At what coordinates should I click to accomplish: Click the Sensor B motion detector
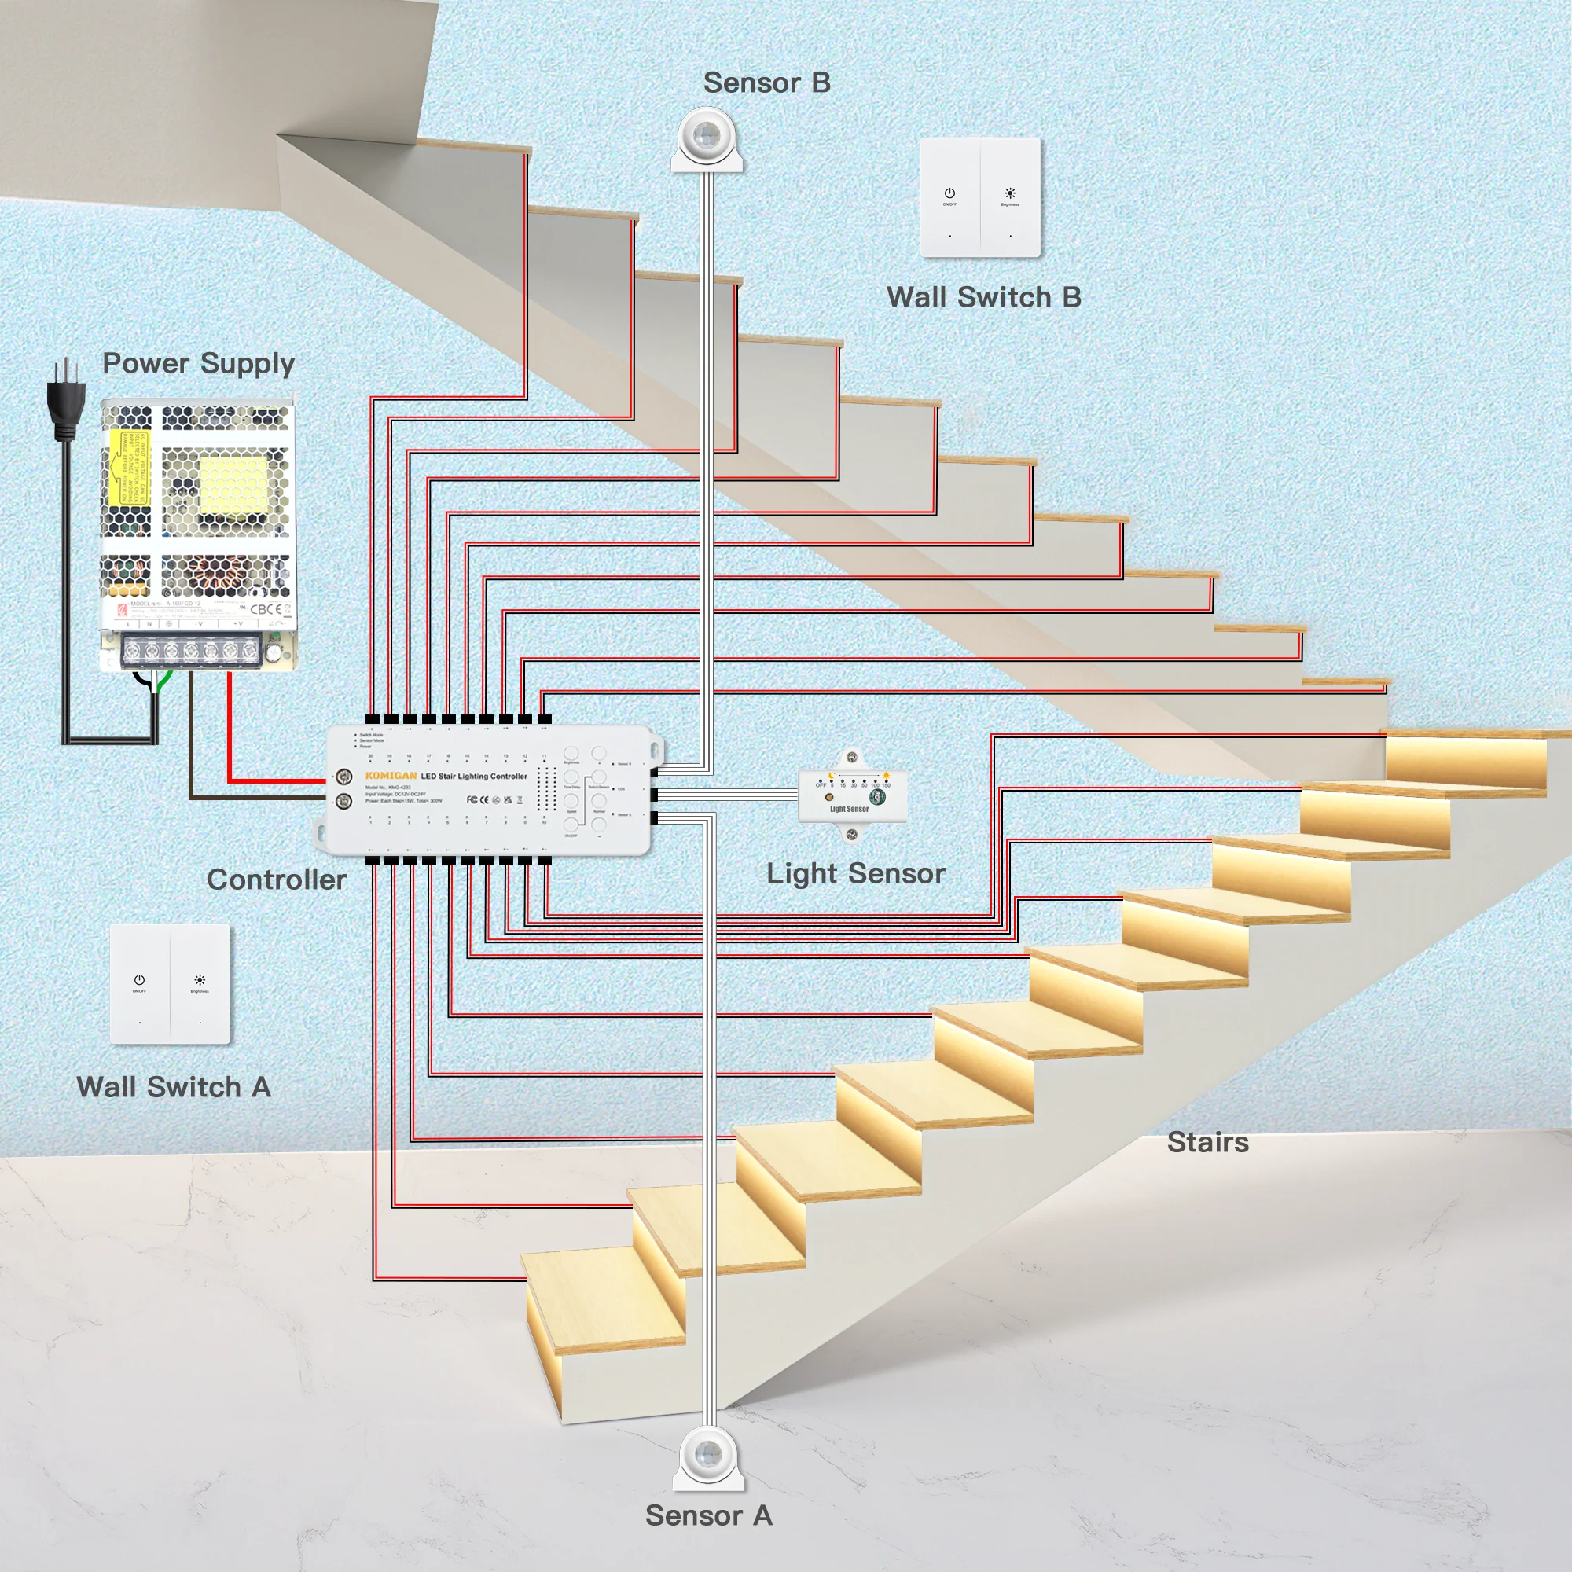point(707,138)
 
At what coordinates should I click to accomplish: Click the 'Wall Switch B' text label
point(984,297)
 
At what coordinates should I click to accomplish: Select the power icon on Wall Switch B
point(949,193)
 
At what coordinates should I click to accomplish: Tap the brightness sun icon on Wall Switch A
point(200,980)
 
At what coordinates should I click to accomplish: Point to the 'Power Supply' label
point(198,363)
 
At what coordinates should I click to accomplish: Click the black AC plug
point(66,399)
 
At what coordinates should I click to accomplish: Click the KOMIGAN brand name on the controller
point(391,776)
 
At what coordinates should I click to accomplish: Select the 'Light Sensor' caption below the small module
point(855,873)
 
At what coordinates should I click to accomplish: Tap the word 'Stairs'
point(1207,1142)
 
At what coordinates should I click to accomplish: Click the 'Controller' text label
point(276,880)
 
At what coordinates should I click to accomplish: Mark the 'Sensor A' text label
point(708,1516)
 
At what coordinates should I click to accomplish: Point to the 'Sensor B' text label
point(766,83)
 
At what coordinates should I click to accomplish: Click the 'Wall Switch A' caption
point(173,1087)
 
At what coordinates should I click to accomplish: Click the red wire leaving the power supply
point(230,733)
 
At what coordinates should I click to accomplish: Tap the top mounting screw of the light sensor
point(851,758)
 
